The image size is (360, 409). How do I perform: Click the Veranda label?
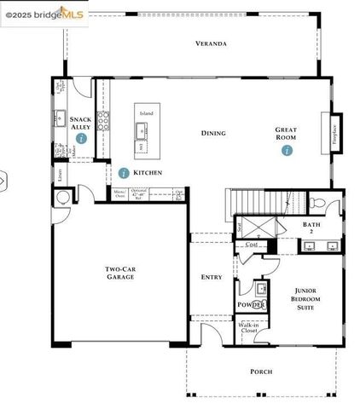click(x=211, y=43)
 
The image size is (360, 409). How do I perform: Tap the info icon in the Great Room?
click(x=287, y=150)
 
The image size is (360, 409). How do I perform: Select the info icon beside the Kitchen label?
click(x=125, y=172)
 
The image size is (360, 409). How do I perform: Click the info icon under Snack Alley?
click(x=80, y=136)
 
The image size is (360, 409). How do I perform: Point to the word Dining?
click(x=213, y=133)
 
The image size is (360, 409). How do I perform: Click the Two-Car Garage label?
click(x=120, y=275)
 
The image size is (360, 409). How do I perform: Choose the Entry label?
click(x=211, y=277)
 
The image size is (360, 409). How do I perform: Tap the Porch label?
click(x=261, y=372)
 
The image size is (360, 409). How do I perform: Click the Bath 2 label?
click(x=311, y=228)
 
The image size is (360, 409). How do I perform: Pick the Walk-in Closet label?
click(x=248, y=327)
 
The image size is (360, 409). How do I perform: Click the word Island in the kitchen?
click(x=147, y=112)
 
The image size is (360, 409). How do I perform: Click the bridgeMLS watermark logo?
click(x=43, y=14)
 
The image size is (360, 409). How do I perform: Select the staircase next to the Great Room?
click(x=261, y=203)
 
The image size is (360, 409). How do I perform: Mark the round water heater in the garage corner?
click(x=61, y=198)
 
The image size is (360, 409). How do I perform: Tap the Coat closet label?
click(x=252, y=245)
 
